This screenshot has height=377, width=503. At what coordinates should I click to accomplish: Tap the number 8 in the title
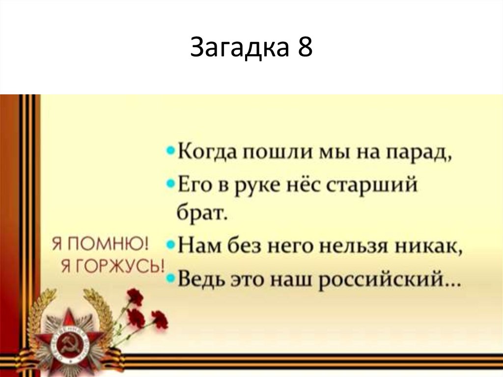[304, 47]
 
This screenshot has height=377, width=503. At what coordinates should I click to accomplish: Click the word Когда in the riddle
[207, 153]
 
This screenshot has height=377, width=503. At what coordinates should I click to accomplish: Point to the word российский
[381, 282]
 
